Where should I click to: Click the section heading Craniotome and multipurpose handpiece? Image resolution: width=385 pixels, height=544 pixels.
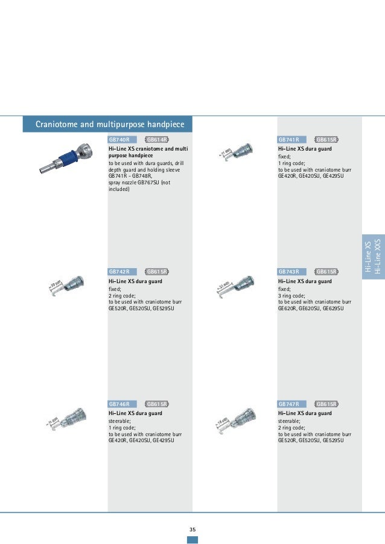pos(108,125)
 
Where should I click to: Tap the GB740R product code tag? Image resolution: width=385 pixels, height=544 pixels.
pos(119,140)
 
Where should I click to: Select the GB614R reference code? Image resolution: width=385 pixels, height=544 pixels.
pos(157,140)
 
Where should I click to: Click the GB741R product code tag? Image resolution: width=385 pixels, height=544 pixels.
pos(289,140)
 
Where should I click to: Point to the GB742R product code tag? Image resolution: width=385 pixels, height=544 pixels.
pos(119,272)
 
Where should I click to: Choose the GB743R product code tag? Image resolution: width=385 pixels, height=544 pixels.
pos(289,272)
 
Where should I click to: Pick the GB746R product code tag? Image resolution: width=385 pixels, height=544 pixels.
pos(119,404)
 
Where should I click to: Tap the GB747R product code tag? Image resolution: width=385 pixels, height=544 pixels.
pos(289,404)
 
